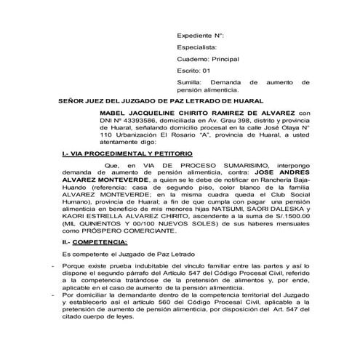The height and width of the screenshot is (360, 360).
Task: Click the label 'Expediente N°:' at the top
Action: click(201, 35)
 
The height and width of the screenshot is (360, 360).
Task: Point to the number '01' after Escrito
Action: click(207, 71)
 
